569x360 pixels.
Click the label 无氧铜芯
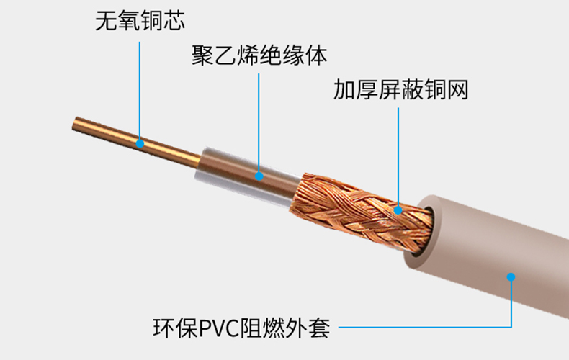pos(140,20)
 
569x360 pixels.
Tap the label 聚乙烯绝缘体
pos(259,55)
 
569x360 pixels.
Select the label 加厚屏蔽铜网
pos(400,90)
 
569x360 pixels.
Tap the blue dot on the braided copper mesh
pos(398,210)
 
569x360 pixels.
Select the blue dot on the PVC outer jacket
pos(511,276)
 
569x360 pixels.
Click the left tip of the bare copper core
pos(76,124)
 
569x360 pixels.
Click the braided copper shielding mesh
pos(353,209)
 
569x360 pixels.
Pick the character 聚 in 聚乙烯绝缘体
pos(202,55)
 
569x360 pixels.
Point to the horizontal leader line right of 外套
pos(425,328)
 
